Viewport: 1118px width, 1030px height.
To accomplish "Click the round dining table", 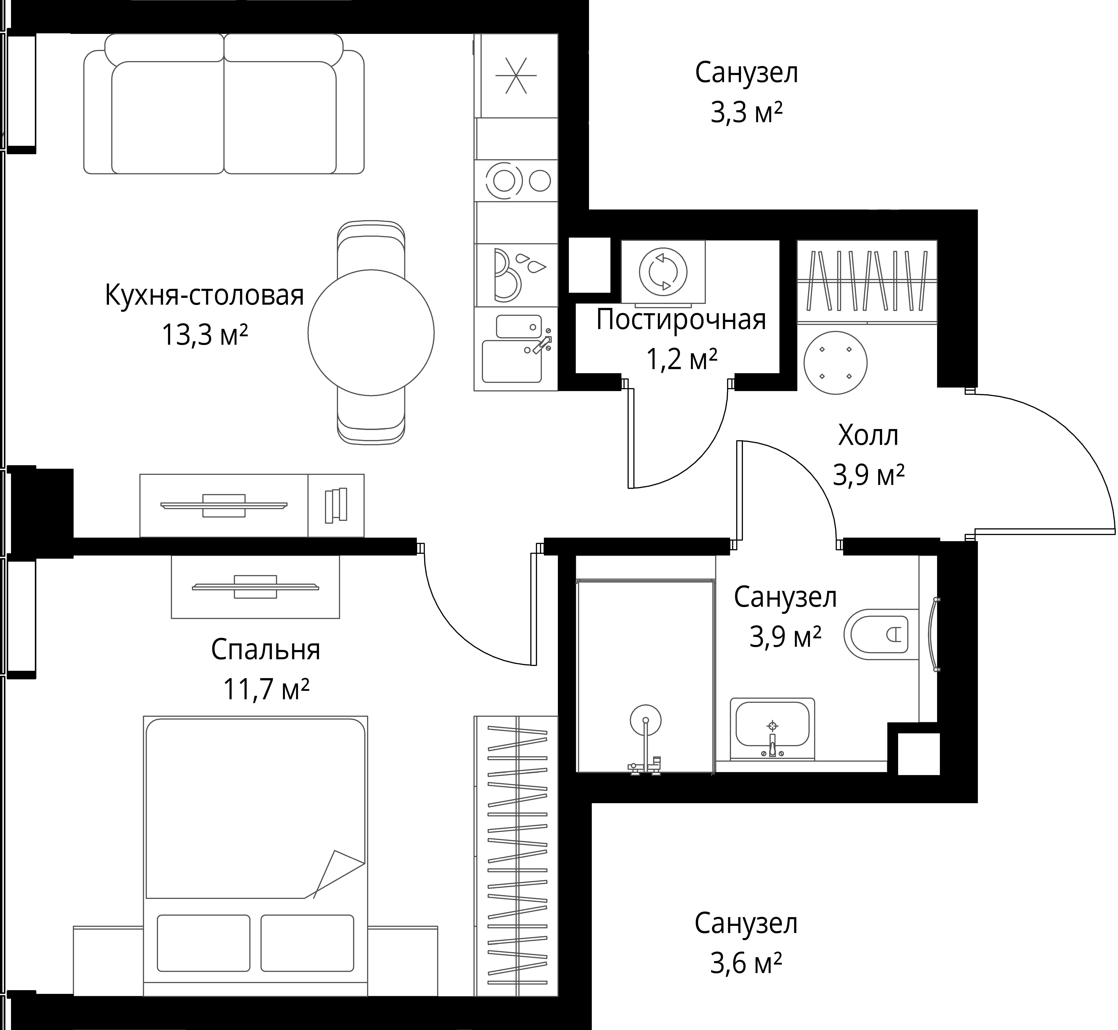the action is pyautogui.click(x=371, y=333).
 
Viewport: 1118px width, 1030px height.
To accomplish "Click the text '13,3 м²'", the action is pyautogui.click(x=204, y=336).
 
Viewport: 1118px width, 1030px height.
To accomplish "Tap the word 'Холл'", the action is pyautogui.click(x=868, y=435).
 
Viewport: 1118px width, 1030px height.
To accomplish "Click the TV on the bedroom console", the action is pyautogui.click(x=255, y=586).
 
